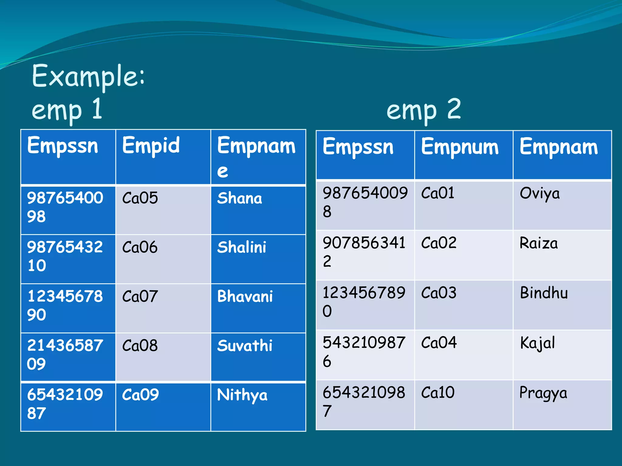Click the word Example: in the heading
(88, 76)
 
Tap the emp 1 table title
(67, 110)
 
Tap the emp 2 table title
(423, 110)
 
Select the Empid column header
(151, 146)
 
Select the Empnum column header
(460, 147)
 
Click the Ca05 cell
(140, 198)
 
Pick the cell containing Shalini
(242, 247)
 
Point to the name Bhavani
(245, 296)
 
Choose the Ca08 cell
(140, 346)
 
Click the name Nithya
(242, 395)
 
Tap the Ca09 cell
(140, 395)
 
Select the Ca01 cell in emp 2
(438, 193)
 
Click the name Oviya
(539, 194)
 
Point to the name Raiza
(538, 243)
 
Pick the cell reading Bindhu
(544, 293)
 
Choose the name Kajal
(537, 343)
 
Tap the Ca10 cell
(438, 392)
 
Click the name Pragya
(543, 393)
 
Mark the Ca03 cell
(439, 293)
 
